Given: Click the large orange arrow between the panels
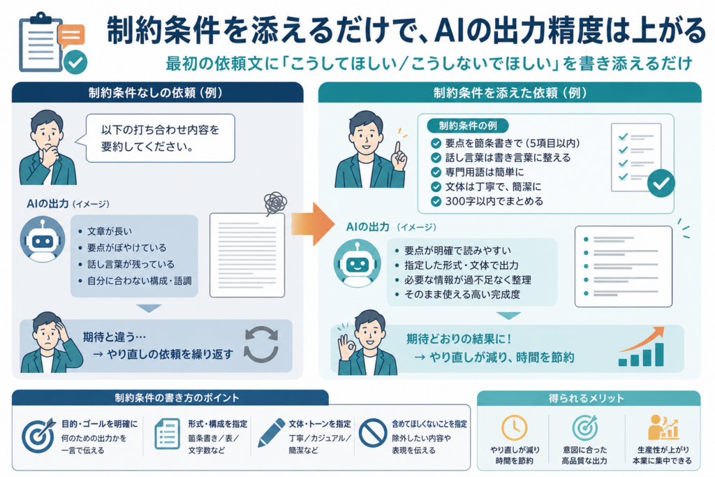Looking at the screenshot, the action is tap(312, 224).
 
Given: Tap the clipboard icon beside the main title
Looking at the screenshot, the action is tap(41, 43).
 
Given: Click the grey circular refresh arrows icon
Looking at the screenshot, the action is tap(261, 344).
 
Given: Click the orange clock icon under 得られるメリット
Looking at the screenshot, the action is tap(514, 427).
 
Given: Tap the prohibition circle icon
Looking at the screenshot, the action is tap(373, 433).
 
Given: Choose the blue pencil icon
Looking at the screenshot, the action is tap(272, 433).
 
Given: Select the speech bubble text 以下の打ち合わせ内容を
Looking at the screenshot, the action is tap(160, 130).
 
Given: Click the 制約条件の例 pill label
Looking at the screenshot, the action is tap(467, 126).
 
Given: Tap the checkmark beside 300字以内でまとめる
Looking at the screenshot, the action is tap(436, 201).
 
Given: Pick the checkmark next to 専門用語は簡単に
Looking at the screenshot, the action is tap(436, 173).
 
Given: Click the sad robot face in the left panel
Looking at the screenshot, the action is tap(43, 240).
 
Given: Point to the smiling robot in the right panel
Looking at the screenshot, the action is tap(357, 263).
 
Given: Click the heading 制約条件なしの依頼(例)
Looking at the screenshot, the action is tap(156, 93).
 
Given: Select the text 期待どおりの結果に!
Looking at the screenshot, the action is tap(459, 339).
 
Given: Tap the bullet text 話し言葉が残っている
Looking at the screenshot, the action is tap(131, 264).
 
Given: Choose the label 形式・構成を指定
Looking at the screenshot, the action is tap(218, 424).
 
